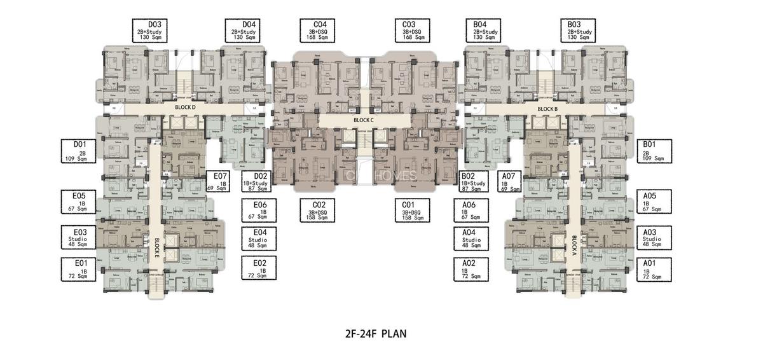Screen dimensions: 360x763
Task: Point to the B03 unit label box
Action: [579, 31]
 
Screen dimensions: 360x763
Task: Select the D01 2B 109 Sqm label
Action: [80, 151]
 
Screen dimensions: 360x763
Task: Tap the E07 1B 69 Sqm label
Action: [220, 181]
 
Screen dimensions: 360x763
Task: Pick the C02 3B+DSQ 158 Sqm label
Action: [319, 211]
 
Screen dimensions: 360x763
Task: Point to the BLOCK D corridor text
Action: [184, 108]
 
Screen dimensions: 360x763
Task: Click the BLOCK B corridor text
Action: [547, 109]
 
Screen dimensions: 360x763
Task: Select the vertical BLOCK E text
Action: [156, 246]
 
